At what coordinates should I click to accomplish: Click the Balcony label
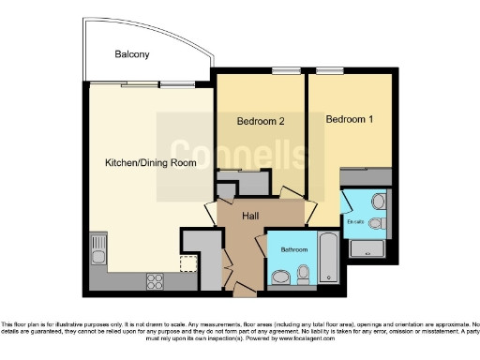132,54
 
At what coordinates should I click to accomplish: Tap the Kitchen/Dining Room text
150,162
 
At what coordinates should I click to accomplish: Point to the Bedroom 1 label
349,120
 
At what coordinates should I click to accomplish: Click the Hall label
250,216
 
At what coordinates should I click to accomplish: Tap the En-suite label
354,222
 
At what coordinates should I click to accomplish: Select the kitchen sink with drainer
98,249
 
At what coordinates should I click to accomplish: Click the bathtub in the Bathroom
328,258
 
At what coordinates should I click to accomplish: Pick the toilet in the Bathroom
303,273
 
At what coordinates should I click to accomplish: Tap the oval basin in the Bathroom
281,277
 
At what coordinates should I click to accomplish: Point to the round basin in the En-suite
378,201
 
